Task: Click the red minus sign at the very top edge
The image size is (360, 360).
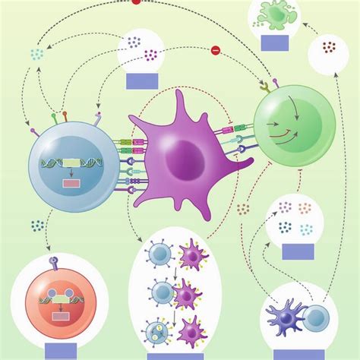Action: tap(137, 2)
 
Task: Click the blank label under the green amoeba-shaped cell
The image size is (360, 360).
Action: tap(274, 43)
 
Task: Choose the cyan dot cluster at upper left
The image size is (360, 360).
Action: tap(36, 53)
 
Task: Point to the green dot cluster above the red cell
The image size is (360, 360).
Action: tap(37, 226)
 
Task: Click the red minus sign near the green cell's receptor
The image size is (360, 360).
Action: tap(215, 51)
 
